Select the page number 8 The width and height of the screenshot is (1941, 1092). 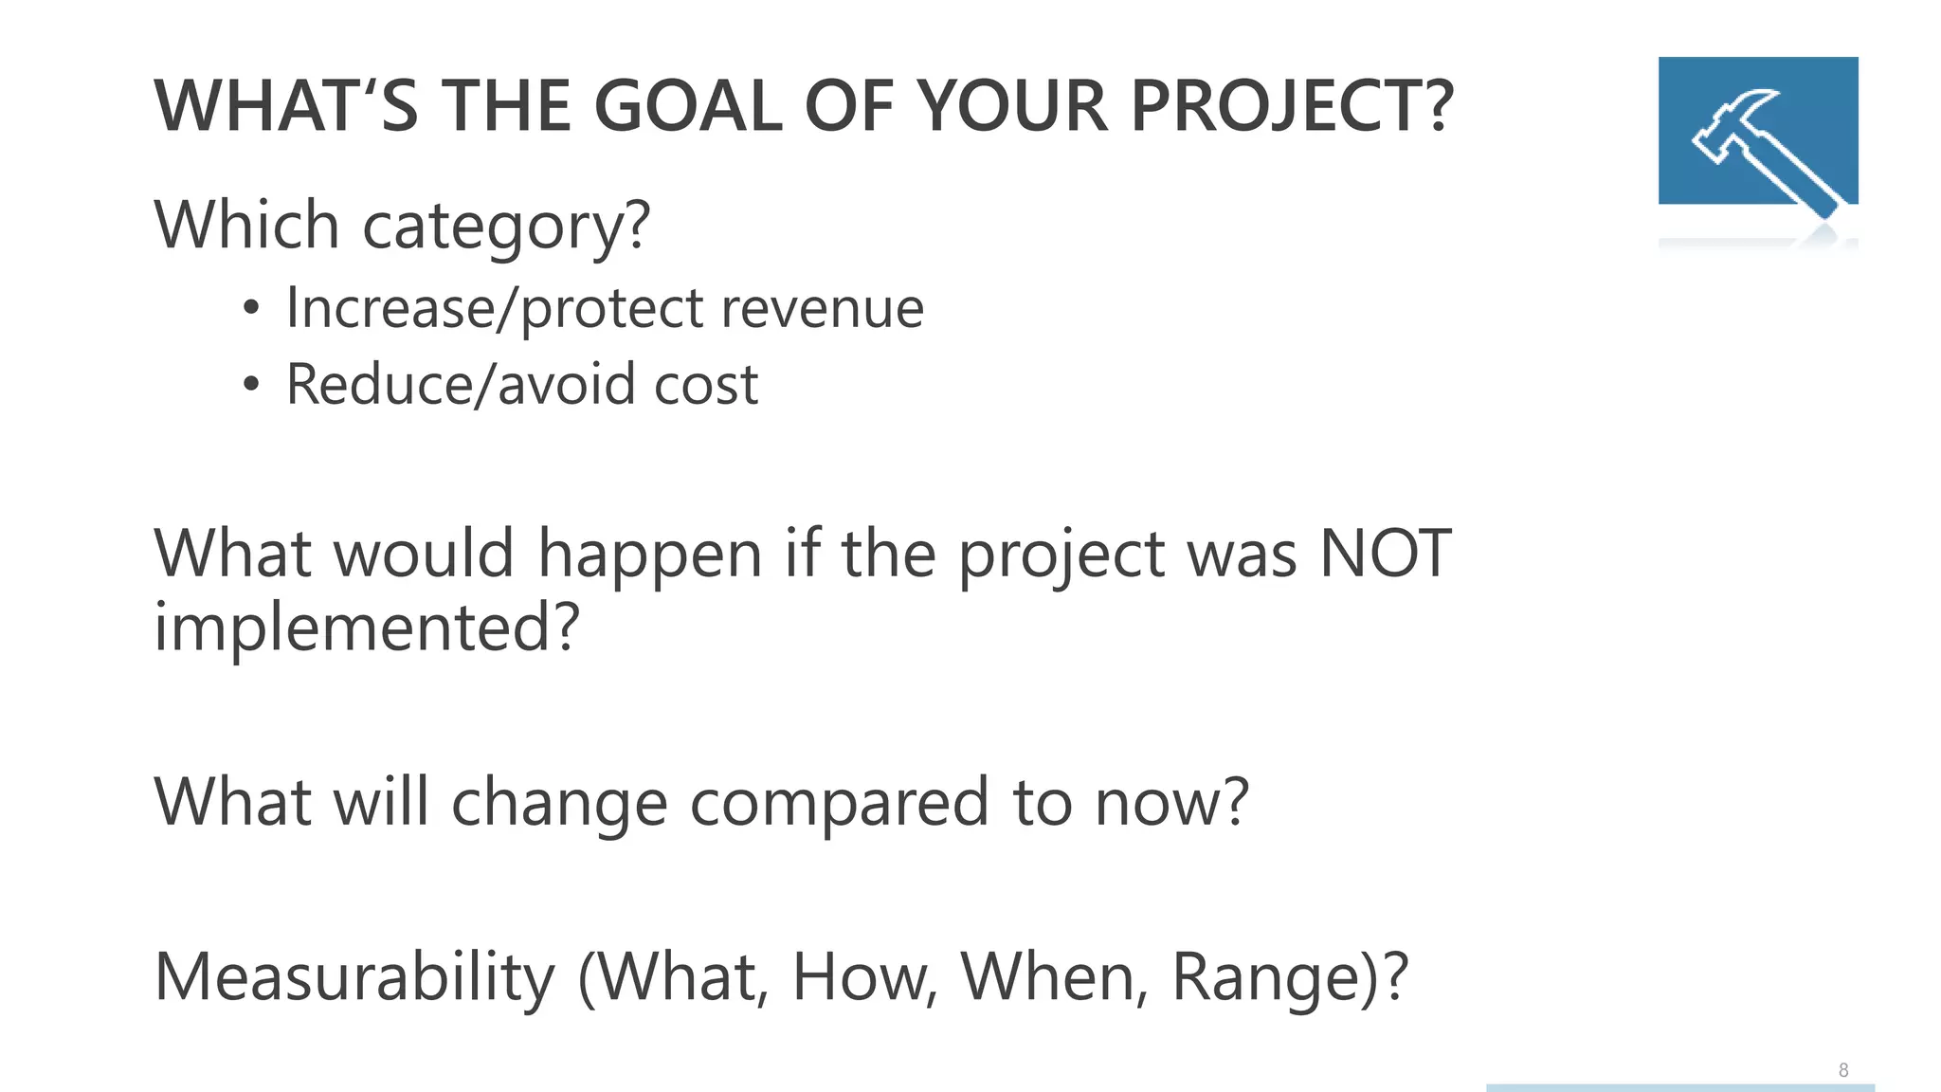click(1843, 1070)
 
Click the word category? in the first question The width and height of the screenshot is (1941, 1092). click(507, 227)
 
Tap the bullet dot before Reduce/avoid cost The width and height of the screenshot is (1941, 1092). click(250, 384)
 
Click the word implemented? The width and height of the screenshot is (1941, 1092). click(366, 628)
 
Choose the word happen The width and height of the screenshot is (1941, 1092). click(650, 555)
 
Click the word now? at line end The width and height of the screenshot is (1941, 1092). click(1172, 803)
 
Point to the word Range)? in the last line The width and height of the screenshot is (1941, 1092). click(1290, 978)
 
